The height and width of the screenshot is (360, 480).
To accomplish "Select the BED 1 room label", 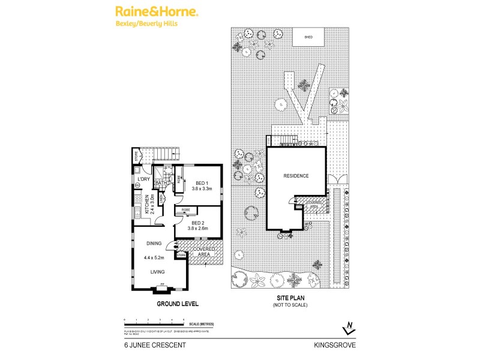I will pos(202,183).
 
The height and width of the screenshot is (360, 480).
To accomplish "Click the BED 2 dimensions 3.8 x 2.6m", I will pos(202,228).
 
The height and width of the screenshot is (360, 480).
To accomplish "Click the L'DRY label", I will pos(143,179).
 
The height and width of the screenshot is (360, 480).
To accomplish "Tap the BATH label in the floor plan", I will pos(160,184).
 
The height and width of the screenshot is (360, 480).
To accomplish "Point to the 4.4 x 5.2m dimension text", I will pos(154,258).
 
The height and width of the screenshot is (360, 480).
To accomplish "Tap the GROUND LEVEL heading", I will pos(178,304).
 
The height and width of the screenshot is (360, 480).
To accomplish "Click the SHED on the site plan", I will pos(308,37).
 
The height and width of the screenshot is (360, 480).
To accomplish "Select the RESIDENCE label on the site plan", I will pos(296,176).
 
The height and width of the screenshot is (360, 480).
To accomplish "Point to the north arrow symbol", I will pos(348,328).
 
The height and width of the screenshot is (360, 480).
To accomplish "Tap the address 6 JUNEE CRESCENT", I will pos(151,345).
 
